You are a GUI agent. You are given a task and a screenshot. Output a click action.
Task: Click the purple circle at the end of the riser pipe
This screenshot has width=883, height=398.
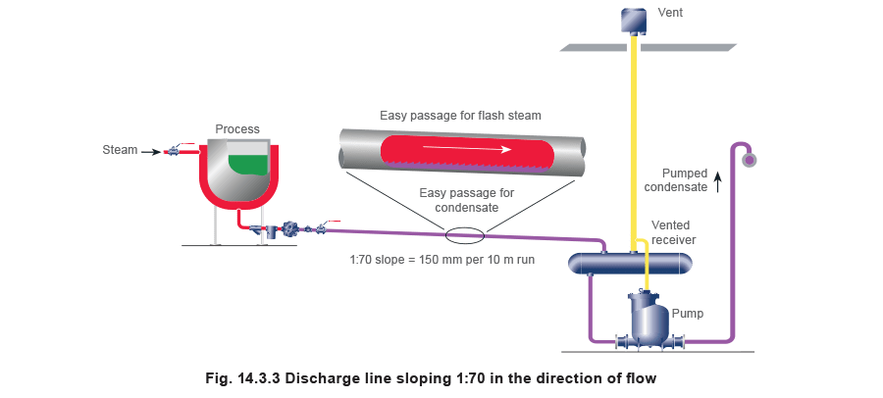[x=751, y=156]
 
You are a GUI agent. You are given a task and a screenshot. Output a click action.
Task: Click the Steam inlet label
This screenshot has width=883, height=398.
[x=117, y=151]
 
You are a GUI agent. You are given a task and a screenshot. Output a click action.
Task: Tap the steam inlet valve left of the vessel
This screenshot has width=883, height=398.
[x=174, y=151]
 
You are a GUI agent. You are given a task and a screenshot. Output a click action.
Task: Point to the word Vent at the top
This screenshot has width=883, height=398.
[x=670, y=13]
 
